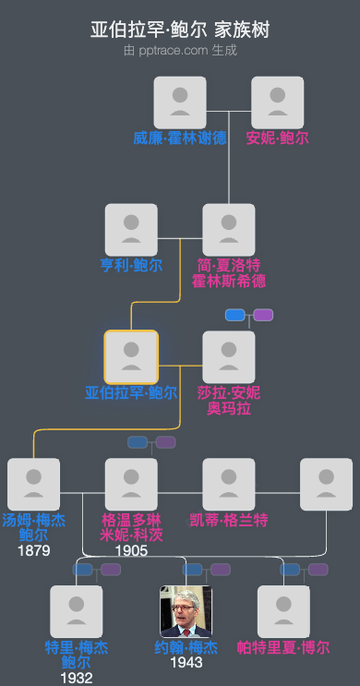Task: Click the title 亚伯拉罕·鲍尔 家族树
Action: click(x=180, y=30)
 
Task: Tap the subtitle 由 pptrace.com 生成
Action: click(x=180, y=50)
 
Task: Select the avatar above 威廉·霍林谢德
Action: click(x=180, y=102)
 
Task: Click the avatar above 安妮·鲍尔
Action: click(x=278, y=102)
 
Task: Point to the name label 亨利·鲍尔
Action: click(x=131, y=266)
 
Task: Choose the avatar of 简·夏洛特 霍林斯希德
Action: click(x=229, y=230)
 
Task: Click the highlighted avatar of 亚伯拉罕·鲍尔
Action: click(x=131, y=356)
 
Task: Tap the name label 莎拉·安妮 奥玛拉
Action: click(x=229, y=400)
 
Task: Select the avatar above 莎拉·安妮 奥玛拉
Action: click(x=229, y=356)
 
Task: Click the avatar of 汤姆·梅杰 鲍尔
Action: click(x=34, y=484)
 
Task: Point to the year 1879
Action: click(x=34, y=550)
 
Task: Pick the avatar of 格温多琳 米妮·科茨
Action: click(x=131, y=484)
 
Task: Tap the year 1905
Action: click(x=131, y=550)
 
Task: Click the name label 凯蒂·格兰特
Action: click(x=229, y=521)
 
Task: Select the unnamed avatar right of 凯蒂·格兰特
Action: click(x=326, y=484)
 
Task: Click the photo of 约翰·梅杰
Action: click(x=186, y=611)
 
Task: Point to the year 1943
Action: click(x=186, y=662)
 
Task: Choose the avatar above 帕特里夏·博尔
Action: click(x=283, y=611)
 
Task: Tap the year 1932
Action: click(x=77, y=678)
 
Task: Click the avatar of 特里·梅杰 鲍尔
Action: click(x=77, y=611)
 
